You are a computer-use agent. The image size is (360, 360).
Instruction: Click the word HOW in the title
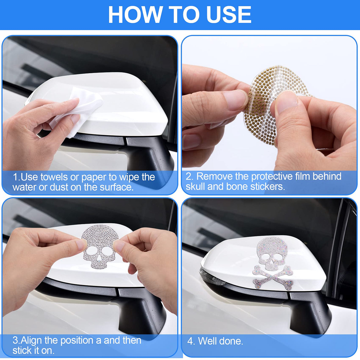[135, 15]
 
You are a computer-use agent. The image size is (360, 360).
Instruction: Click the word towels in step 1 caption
[54, 177]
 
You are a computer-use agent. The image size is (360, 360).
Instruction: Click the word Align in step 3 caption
[31, 340]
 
